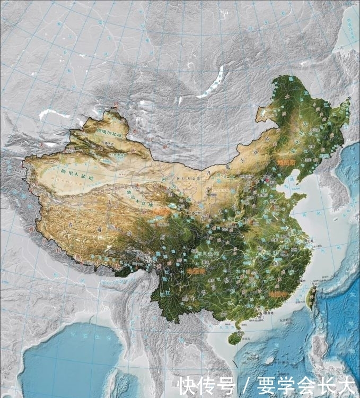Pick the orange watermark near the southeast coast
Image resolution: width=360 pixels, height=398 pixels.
[279, 293]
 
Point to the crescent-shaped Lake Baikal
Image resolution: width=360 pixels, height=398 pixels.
[210, 88]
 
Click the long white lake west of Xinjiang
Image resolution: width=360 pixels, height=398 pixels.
[54, 113]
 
